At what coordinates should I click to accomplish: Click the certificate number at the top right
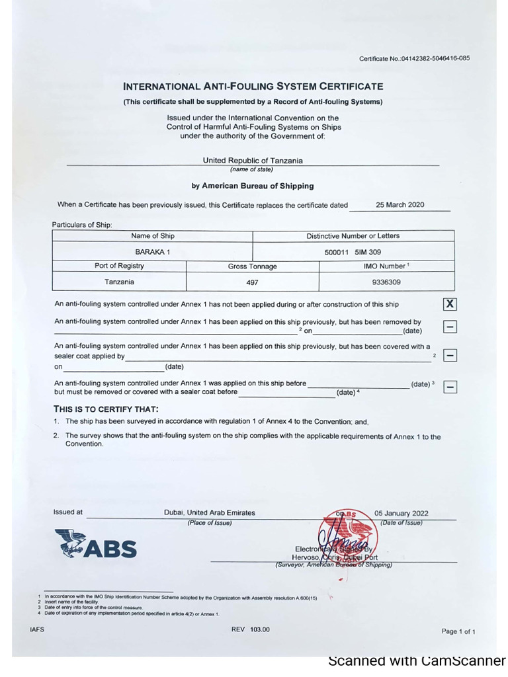pos(415,58)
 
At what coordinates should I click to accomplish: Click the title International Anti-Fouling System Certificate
pos(253,87)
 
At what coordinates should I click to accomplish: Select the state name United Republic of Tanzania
pos(253,161)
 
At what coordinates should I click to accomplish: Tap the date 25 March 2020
pos(400,205)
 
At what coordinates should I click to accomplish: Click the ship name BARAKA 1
pos(153,252)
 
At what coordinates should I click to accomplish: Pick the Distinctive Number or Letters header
pos(353,236)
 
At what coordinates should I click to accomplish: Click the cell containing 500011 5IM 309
pos(353,252)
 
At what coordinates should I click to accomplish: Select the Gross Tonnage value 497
pos(252,282)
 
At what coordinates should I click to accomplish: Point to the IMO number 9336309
pos(386,282)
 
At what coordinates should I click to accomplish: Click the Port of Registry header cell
pos(119,266)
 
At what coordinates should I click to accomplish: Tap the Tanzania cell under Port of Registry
pos(119,282)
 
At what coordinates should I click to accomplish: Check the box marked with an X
pos(450,304)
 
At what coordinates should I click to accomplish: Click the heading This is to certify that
pos(106,409)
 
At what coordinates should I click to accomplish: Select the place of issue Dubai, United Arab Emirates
pos(209,513)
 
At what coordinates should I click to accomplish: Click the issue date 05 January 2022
pos(401,513)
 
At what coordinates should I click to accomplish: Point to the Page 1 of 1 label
pos(458,631)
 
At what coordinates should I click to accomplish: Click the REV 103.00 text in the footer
pos(250,629)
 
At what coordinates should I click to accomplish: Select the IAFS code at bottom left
pos(37,629)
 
